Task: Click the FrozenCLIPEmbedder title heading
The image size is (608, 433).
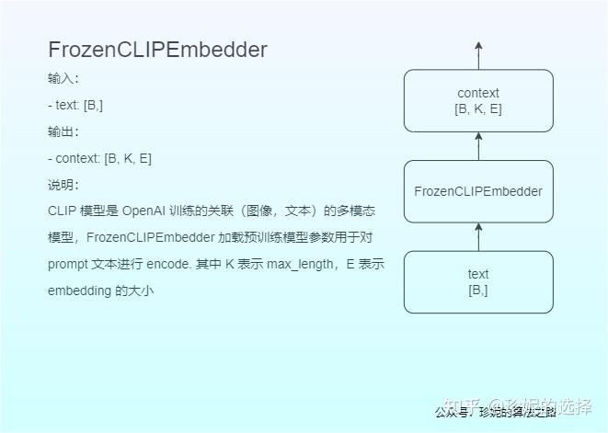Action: click(157, 50)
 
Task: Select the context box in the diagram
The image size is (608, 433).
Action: click(478, 101)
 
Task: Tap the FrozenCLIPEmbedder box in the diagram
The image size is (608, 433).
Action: click(478, 191)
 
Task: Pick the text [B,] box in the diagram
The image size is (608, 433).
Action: click(478, 281)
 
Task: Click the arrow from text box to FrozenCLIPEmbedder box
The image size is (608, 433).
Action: click(478, 237)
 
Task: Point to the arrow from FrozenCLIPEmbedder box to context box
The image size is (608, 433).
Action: click(478, 146)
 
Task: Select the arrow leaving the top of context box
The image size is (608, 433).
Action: click(478, 55)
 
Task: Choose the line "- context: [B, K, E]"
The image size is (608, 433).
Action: click(99, 158)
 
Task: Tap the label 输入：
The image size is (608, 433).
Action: click(63, 78)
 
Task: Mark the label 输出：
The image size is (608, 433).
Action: click(63, 131)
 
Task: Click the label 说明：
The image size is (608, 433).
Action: click(63, 185)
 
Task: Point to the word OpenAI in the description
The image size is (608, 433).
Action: click(143, 211)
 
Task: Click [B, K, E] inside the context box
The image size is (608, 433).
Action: click(478, 108)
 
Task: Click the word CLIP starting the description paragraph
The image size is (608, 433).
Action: click(63, 211)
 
